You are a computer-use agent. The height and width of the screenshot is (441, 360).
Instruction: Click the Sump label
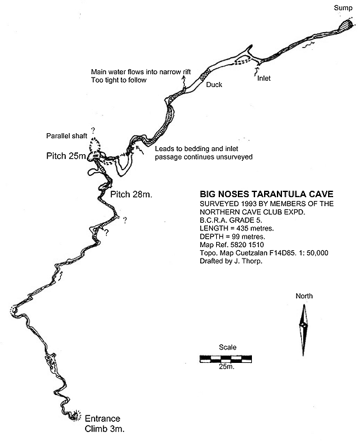click(x=343, y=8)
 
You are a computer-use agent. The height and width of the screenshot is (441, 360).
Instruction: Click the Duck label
click(x=214, y=84)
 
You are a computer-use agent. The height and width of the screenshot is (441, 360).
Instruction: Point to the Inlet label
click(x=264, y=78)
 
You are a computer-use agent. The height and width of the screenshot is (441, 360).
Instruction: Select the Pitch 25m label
click(x=66, y=156)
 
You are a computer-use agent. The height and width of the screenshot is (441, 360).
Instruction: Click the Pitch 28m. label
click(x=131, y=195)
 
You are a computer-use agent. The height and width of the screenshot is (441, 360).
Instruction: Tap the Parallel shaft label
click(x=67, y=136)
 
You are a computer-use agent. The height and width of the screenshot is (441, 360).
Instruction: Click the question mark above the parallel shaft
click(x=93, y=130)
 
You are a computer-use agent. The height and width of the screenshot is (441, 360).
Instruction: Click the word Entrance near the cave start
click(x=102, y=419)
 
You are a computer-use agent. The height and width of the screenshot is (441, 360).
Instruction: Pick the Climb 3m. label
click(x=104, y=429)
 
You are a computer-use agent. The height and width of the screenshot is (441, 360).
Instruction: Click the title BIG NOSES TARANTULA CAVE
click(x=267, y=194)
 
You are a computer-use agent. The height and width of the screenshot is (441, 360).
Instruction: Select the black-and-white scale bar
click(x=226, y=359)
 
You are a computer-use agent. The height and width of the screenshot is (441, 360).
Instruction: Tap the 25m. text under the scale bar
click(x=227, y=367)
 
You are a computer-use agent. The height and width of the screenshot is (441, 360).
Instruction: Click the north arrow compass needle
click(x=303, y=330)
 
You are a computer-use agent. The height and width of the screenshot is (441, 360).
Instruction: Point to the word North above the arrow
click(x=304, y=296)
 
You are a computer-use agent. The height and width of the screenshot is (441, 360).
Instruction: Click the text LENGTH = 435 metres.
click(x=237, y=228)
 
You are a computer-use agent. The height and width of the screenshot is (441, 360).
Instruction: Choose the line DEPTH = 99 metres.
click(x=232, y=236)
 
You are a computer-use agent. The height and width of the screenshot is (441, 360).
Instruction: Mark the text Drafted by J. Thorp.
click(x=231, y=261)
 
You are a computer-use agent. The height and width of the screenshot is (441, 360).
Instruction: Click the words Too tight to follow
click(x=118, y=80)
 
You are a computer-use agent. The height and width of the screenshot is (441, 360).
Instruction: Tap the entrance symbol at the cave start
click(x=75, y=415)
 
